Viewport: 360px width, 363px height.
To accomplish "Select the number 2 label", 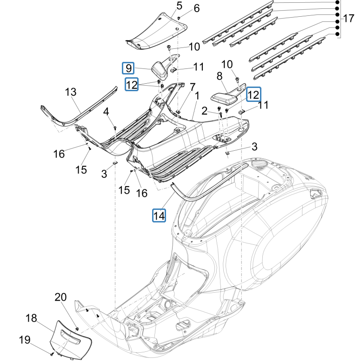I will point(217,110).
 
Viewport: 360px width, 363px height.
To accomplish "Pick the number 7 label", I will point(192,87).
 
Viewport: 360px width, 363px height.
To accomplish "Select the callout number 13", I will point(70,92).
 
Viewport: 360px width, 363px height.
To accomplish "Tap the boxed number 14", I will point(160,215).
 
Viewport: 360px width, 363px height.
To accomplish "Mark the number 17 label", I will point(348,19).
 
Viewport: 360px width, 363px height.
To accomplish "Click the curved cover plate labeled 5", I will point(156,33).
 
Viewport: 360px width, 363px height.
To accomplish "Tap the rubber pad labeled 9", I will point(160,70).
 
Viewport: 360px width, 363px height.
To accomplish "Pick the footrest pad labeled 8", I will point(224,98).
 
